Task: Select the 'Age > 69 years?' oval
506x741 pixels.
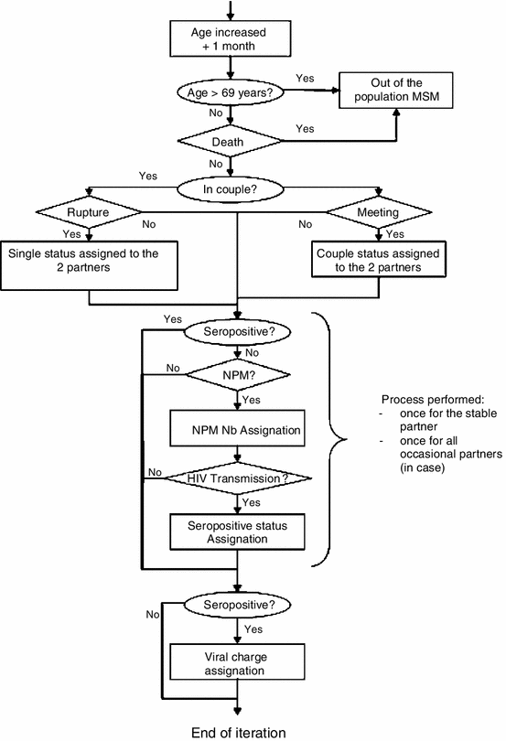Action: click(237, 93)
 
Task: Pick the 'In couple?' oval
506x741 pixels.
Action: click(237, 190)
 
